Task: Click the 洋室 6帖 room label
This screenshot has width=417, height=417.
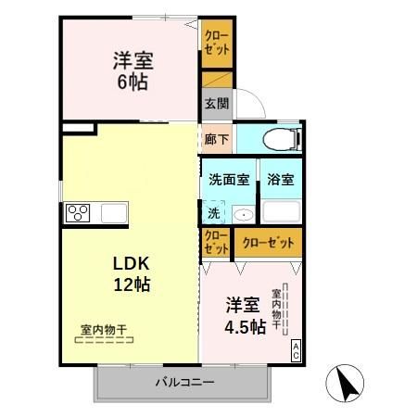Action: (x=133, y=70)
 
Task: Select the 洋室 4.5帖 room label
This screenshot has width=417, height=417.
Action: (x=246, y=315)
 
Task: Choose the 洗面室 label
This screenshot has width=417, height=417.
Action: (x=227, y=180)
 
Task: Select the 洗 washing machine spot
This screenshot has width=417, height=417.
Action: (x=214, y=212)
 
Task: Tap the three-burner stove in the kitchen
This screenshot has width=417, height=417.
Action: (x=78, y=213)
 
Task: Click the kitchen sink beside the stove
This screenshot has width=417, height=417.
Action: (x=112, y=213)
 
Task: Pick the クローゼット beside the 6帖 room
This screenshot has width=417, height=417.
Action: (x=216, y=43)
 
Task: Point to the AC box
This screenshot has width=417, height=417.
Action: (x=296, y=350)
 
